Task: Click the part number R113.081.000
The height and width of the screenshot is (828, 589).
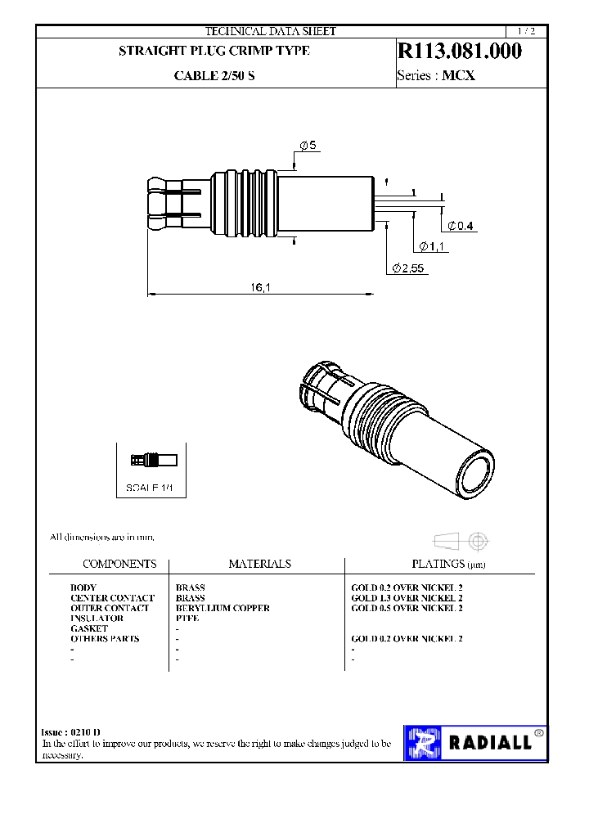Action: pos(459,52)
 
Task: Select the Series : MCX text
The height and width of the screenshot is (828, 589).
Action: pos(435,76)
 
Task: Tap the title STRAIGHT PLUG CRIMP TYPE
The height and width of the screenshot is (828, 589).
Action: pos(214,51)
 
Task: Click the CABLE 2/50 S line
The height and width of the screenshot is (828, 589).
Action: pos(214,76)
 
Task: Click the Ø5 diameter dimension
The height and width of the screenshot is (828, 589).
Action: pos(308,146)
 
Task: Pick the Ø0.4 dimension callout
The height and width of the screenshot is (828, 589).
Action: pos(461,226)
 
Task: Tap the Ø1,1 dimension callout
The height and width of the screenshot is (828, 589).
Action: pos(431,246)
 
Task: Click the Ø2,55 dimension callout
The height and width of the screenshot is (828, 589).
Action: pos(409,268)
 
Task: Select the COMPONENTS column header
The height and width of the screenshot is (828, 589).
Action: pos(119,564)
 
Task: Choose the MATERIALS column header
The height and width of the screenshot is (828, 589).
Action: pos(259,564)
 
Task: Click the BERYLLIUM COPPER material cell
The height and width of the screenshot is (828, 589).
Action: pos(223,608)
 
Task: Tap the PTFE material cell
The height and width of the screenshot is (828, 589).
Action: pos(187,619)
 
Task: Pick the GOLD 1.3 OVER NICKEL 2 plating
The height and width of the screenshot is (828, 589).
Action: pos(407,598)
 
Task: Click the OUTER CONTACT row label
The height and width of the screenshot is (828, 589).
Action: pos(110,608)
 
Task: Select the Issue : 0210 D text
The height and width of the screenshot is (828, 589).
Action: pos(71,731)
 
